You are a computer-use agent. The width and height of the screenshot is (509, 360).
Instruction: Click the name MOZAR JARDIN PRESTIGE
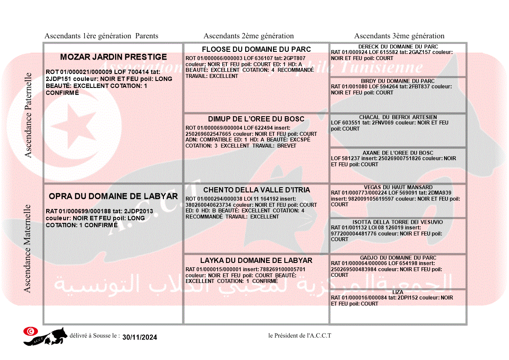coord(113,57)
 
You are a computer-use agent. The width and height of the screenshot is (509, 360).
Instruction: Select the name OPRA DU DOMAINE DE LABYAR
coord(113,196)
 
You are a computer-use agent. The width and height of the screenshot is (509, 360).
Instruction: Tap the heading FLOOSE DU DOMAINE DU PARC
coord(256,49)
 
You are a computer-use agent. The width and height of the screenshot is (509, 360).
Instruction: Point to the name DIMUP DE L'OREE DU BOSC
coord(256,119)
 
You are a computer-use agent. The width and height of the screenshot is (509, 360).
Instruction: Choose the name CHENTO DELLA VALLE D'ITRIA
coord(256,190)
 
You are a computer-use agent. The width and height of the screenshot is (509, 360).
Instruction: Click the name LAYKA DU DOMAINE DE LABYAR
coord(256,261)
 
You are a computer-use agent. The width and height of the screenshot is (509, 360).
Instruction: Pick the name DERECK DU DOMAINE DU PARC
coord(398,47)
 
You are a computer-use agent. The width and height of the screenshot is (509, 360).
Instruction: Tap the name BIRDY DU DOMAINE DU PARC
coord(398,81)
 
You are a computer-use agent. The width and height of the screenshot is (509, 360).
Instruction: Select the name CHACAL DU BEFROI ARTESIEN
coord(398,117)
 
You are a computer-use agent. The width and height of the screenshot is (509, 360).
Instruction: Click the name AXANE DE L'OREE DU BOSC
coord(398,153)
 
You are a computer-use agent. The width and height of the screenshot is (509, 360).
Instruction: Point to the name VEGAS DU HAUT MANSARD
coord(398,187)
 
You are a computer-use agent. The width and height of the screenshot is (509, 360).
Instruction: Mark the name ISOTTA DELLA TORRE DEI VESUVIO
coord(398,222)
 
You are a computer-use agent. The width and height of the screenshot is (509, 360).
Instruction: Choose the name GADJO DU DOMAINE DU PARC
coord(398,258)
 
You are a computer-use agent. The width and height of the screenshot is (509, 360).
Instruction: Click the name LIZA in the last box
coord(398,292)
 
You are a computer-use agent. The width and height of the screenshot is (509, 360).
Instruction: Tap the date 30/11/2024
coord(140,337)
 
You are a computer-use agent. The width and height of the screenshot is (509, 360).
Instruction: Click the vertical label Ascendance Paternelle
coord(28,115)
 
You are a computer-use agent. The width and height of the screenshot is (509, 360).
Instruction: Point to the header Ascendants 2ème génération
coord(249,36)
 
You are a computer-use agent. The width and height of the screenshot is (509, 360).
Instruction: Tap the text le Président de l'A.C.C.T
coord(300,336)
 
